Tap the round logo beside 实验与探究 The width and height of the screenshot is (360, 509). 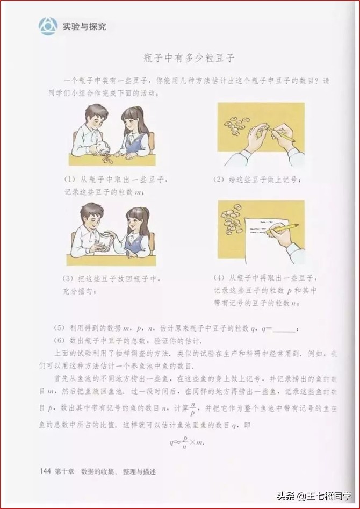48,25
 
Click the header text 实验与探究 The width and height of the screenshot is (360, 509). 84,26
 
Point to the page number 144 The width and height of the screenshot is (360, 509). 46,471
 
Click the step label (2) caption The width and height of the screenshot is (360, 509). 220,178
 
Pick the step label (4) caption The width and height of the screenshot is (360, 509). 220,278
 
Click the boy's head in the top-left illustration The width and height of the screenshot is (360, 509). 96,114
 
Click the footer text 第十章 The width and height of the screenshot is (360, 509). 66,471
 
